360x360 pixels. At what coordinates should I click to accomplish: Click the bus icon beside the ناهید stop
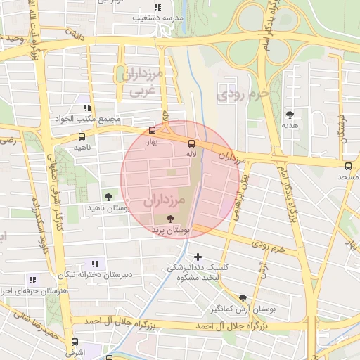point(82,137)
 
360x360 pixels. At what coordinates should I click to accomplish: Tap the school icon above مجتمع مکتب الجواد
point(87,108)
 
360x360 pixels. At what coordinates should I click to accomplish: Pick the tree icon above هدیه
point(290,114)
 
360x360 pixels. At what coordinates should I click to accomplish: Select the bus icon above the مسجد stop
point(348,167)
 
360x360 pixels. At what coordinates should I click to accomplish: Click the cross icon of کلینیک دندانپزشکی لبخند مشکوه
point(198,257)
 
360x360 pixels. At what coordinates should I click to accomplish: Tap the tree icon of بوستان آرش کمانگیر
point(243,298)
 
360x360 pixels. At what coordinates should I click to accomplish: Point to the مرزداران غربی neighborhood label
point(143,82)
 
